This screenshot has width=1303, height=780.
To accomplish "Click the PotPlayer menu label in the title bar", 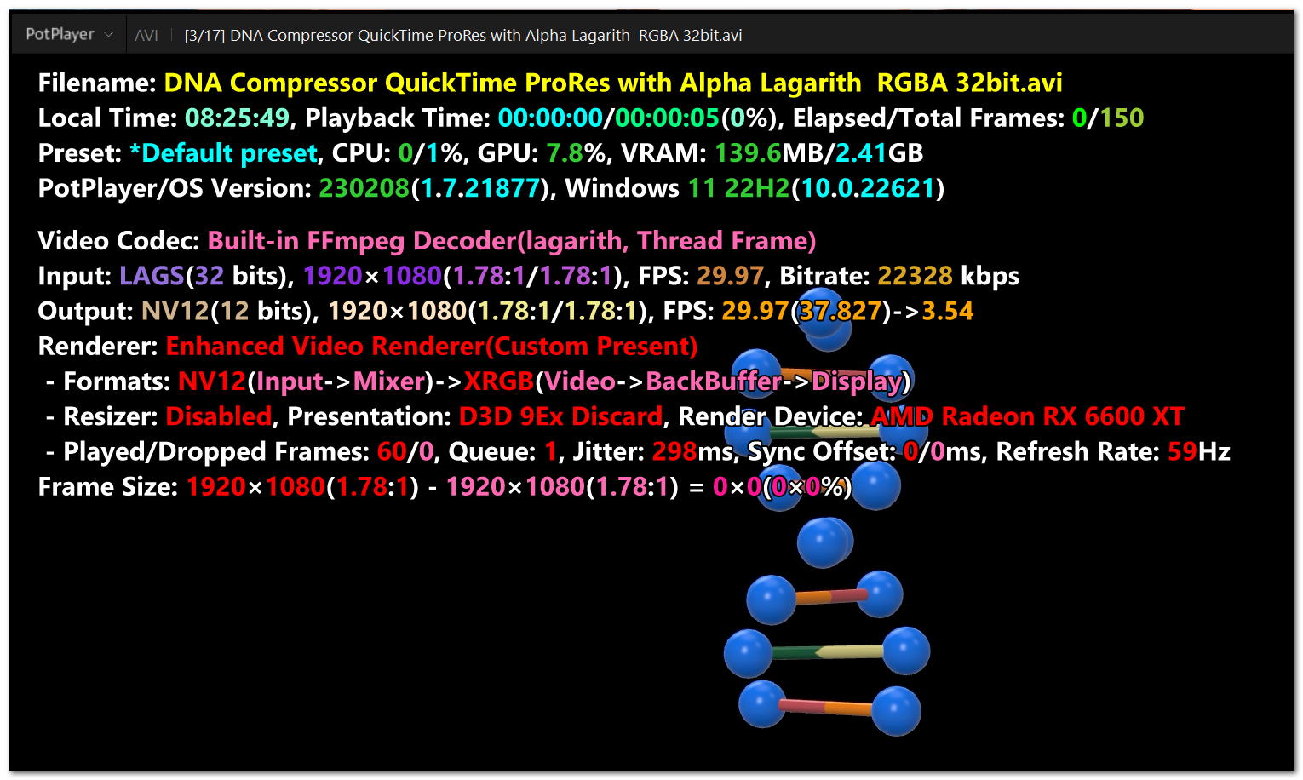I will click(60, 35).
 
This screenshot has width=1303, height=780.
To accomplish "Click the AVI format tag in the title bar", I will click(146, 35).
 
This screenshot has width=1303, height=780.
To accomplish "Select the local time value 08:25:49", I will click(237, 118).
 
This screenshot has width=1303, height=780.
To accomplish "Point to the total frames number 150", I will click(1121, 118).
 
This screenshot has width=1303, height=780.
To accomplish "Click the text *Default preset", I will click(223, 153).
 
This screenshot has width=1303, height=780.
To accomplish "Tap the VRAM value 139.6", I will click(748, 153).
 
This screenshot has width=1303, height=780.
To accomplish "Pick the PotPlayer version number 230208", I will click(364, 188).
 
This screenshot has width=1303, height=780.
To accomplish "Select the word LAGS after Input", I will click(152, 276).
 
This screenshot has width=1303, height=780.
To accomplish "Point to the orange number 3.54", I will click(947, 311).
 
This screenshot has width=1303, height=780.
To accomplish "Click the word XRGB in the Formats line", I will click(498, 381).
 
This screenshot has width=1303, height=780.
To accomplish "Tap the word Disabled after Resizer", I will click(218, 416).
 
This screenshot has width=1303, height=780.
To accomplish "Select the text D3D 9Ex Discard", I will click(560, 416).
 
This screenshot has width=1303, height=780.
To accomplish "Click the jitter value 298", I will click(674, 451).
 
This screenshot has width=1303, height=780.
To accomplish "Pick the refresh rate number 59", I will click(1182, 451).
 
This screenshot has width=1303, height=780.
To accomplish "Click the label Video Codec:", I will click(118, 241).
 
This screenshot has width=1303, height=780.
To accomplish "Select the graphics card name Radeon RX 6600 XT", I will click(1063, 416).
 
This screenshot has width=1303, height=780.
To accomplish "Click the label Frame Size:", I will click(107, 487).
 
